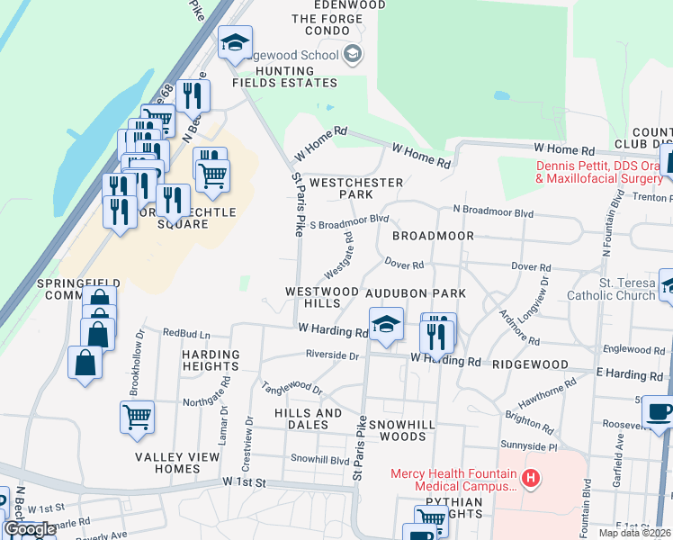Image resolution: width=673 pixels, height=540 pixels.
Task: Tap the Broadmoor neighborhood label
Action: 433,236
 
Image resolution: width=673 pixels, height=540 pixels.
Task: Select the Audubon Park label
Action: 415,293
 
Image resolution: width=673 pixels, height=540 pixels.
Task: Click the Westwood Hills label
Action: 321,298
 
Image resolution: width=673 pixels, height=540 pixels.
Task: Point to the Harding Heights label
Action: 211,361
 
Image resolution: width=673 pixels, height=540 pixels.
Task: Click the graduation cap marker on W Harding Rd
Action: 385,324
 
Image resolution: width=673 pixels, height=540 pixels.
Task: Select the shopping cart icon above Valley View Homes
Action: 137,416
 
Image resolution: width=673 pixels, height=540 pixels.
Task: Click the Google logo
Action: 30,530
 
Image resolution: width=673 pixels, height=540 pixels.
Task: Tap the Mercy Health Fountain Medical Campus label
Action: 453,480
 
